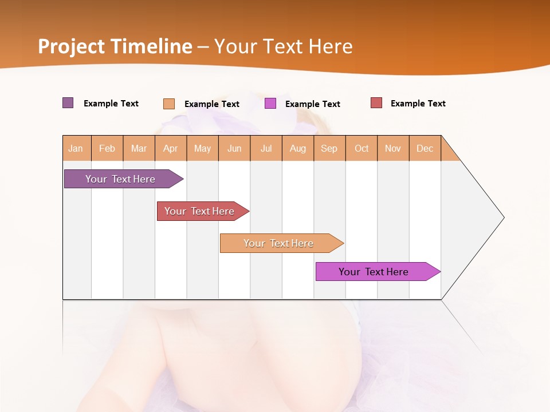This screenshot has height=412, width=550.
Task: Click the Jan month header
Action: (x=76, y=148)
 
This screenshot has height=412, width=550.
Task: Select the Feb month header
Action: (x=107, y=148)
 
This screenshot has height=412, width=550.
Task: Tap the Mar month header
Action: (x=139, y=148)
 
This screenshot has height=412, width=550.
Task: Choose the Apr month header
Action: (x=171, y=148)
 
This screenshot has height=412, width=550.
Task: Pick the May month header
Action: (x=202, y=148)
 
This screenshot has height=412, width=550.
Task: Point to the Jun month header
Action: (x=234, y=148)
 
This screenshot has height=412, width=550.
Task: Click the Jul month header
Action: (x=266, y=148)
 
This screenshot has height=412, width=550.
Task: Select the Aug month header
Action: (x=298, y=148)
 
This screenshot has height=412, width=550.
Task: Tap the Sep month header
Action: (x=329, y=148)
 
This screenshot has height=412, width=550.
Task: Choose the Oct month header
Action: (x=362, y=148)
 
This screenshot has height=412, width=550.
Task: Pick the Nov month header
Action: (x=393, y=148)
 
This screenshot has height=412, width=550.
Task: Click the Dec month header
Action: (x=425, y=148)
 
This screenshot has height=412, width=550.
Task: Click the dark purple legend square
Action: (x=68, y=103)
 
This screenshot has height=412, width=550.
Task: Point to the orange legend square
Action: (x=169, y=104)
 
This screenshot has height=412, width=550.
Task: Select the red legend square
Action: (x=376, y=103)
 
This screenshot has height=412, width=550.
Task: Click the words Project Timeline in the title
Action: (x=115, y=46)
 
